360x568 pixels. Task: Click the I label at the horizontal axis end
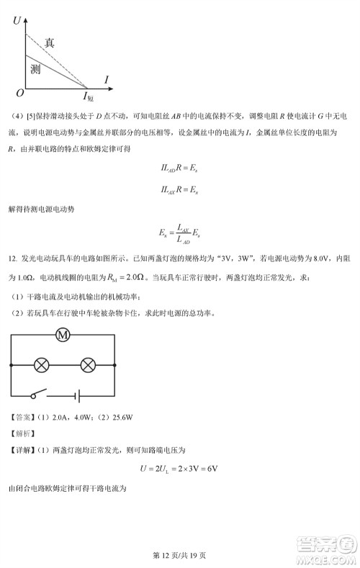[x=106, y=78]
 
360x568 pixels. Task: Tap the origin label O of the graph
[x=19, y=93]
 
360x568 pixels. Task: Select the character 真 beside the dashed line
[x=49, y=42]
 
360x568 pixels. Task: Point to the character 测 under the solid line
[x=35, y=69]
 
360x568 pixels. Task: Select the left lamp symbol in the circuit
[x=42, y=365]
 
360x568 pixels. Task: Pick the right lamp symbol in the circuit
[x=88, y=365]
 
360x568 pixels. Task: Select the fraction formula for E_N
[x=179, y=233]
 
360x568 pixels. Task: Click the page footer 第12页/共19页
[x=179, y=555]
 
